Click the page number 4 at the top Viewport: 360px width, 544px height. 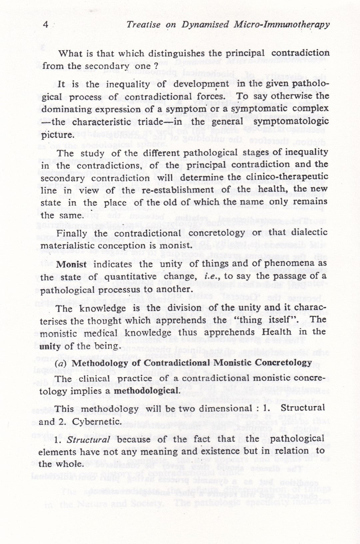pyautogui.click(x=46, y=25)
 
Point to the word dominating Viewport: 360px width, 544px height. pyautogui.click(x=65, y=109)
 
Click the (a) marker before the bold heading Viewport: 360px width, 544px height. pyautogui.click(x=63, y=363)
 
